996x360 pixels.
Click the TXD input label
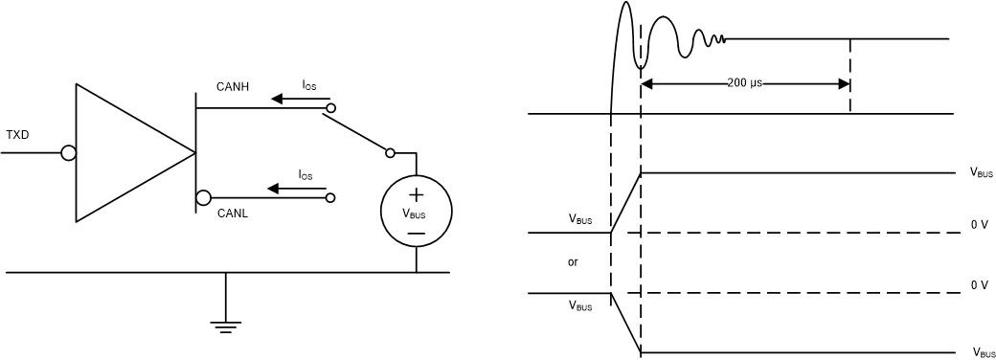17,135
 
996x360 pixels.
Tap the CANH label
232,87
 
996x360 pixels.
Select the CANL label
232,214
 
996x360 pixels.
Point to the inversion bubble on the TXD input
68,153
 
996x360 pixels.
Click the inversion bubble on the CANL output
203,198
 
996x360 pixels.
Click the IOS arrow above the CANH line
300,99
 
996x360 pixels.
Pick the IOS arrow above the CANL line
300,189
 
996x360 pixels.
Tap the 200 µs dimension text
744,83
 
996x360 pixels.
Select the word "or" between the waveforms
573,261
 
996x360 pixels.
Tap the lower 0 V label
978,285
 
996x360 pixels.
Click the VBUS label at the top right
981,173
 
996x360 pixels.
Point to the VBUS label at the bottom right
984,352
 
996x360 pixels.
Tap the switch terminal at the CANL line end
331,198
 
